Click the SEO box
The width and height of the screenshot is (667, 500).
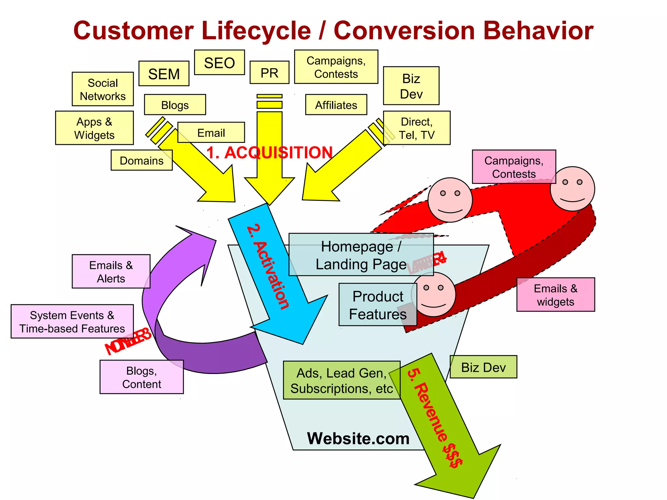tap(219, 62)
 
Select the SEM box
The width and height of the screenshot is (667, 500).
tap(164, 74)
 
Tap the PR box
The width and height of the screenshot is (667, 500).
tap(269, 73)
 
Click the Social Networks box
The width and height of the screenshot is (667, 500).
tap(103, 89)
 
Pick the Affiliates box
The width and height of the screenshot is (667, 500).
tap(336, 105)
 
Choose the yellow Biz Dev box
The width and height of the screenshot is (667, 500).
tap(411, 86)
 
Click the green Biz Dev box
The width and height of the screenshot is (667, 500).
tap(483, 367)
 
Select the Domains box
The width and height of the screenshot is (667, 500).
tap(141, 160)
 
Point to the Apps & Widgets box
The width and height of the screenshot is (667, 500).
tap(94, 128)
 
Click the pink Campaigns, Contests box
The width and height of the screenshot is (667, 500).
tap(514, 167)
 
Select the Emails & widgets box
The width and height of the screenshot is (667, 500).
tap(556, 295)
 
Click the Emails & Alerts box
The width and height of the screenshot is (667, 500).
tap(111, 271)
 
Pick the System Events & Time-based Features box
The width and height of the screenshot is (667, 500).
tap(72, 322)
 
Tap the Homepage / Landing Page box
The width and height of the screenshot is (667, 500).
tap(361, 255)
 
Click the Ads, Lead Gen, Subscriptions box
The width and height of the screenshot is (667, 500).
tap(341, 380)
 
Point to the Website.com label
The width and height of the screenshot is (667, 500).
tap(358, 438)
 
